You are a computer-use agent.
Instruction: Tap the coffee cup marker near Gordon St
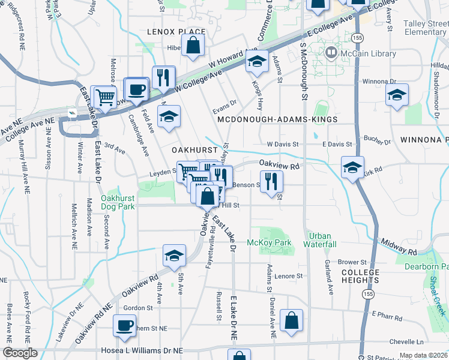[124, 326]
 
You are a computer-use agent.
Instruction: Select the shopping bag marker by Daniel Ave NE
[291, 320]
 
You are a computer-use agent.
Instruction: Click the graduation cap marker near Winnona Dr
[397, 95]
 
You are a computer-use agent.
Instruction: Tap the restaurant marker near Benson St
[272, 181]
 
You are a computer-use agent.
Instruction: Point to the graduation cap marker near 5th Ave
[174, 255]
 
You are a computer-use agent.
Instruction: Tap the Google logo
[20, 353]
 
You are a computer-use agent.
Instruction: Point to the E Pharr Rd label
[387, 314]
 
